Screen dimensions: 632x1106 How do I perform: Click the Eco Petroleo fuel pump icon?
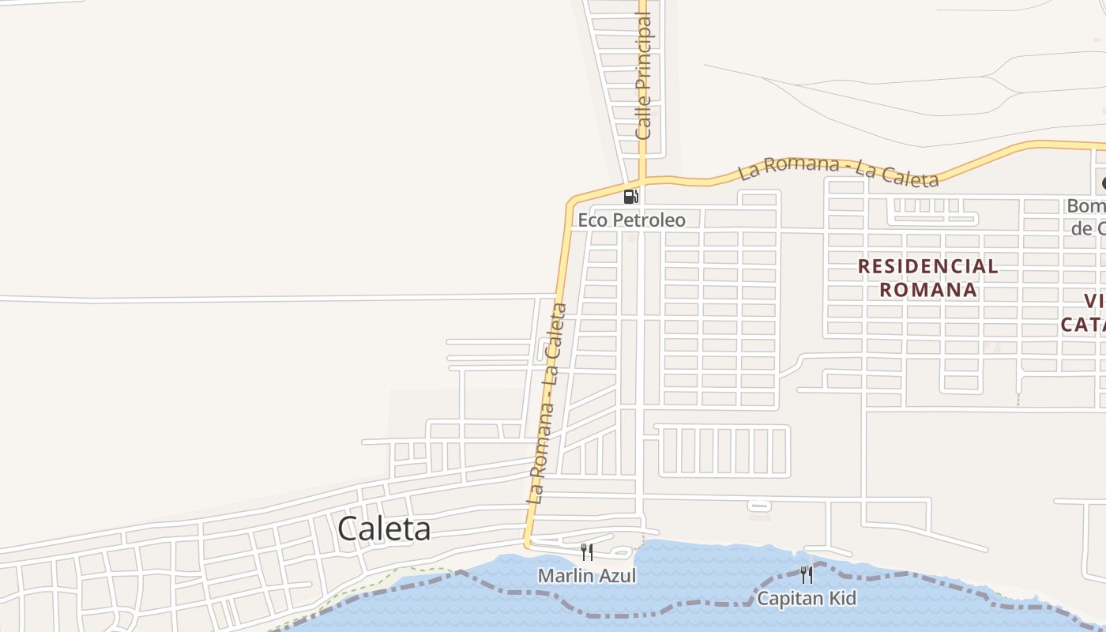[630, 197]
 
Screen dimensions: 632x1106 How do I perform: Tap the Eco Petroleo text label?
[631, 220]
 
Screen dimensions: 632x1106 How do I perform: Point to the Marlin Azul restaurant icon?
[587, 551]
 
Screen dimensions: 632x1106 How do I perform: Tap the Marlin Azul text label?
[586, 575]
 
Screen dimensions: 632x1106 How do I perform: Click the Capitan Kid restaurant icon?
[806, 574]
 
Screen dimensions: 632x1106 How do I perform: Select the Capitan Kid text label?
[806, 598]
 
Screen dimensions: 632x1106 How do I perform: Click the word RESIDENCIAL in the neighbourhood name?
[927, 266]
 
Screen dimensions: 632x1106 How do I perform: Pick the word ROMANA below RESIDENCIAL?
[928, 290]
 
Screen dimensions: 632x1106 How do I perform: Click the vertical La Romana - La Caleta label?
[547, 403]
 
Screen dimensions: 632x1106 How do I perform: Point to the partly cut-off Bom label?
[1086, 206]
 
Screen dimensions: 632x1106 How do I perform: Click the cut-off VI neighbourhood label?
[1094, 301]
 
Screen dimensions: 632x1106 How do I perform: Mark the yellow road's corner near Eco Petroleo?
[571, 200]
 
